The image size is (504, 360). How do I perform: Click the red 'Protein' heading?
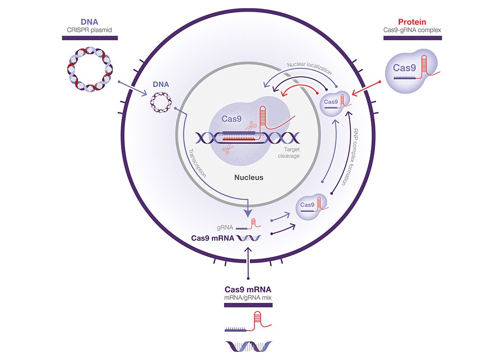tap(412, 22)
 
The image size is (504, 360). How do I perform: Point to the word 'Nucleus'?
tap(249, 177)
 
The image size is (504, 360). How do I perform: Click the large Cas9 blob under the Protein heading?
tap(411, 68)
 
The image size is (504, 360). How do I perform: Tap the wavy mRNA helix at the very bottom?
tap(248, 346)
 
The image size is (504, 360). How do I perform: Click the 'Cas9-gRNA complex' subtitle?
tap(413, 30)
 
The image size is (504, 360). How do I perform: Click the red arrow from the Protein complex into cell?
tap(368, 89)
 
